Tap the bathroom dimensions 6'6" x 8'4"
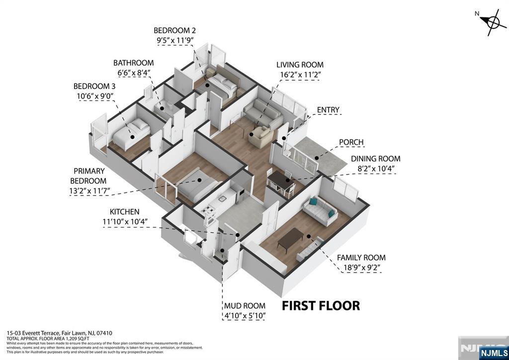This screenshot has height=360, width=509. click(133, 73)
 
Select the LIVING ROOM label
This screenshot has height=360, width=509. click(300, 65)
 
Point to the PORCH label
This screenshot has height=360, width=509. click(351, 142)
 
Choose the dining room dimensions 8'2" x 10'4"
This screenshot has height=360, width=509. click(375, 168)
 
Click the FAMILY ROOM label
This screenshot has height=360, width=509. click(361, 258)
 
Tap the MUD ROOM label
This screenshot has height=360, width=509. click(244, 306)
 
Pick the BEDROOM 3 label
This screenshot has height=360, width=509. click(94, 86)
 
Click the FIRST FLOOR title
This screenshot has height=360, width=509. click(321, 305)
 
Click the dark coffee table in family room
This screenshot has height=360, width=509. click(290, 239)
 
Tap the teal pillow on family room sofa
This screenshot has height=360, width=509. click(314, 202)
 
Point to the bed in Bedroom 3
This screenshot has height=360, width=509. click(131, 134)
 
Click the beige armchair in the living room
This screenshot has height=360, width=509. click(260, 137)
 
